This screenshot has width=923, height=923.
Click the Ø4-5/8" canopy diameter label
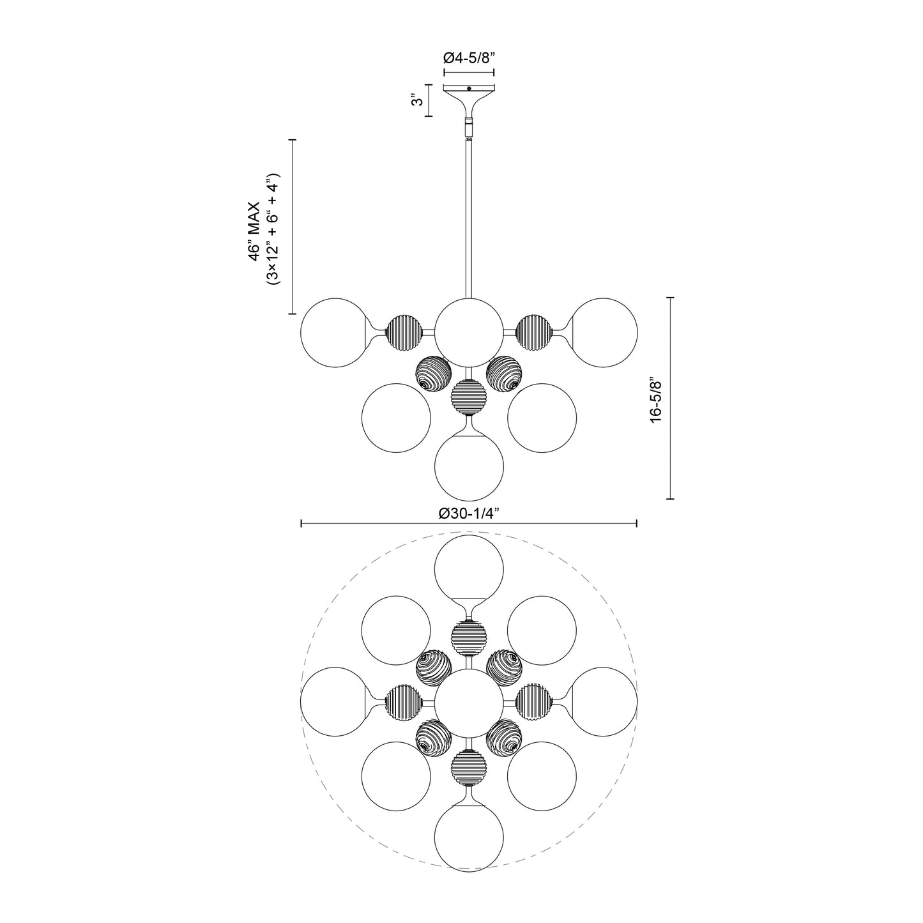469,57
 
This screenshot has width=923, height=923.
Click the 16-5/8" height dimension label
655,397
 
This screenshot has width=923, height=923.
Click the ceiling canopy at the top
469,93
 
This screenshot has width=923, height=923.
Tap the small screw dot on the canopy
469,89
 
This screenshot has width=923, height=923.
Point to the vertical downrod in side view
469,217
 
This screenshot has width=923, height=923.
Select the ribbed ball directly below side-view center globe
469,398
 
